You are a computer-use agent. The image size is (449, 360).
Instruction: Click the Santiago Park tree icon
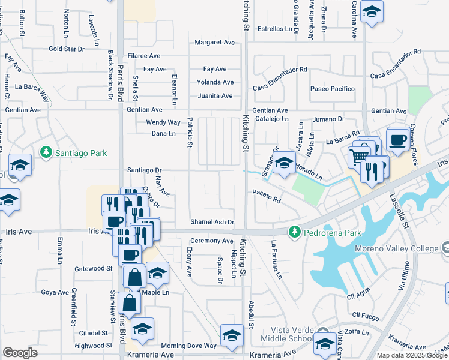pyautogui.click(x=46, y=153)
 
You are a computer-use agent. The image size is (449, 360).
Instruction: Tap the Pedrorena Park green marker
pyautogui.click(x=294, y=231)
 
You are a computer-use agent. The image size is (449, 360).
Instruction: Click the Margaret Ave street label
pyautogui.click(x=214, y=43)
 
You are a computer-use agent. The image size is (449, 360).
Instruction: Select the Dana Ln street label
pyautogui.click(x=163, y=134)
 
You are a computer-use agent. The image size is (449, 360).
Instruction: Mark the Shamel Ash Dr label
pyautogui.click(x=212, y=222)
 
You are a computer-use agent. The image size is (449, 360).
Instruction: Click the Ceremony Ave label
pyautogui.click(x=211, y=240)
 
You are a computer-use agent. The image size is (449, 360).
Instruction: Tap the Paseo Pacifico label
pyautogui.click(x=333, y=89)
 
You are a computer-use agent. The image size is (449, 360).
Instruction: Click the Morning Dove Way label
pyautogui.click(x=188, y=346)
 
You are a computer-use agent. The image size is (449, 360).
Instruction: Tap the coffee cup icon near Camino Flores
pyautogui.click(x=397, y=140)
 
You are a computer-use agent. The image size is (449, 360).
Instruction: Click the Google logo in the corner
pyautogui.click(x=20, y=353)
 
